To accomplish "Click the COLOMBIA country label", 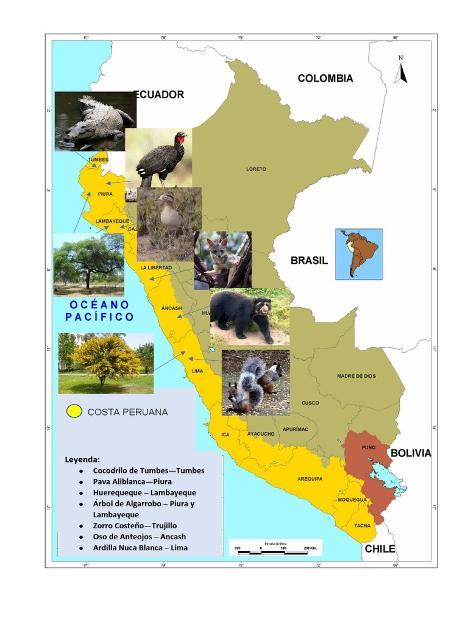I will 325,78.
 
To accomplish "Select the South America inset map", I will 359,254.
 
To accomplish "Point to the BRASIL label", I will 309,260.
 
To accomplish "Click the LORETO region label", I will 256,169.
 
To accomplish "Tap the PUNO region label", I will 368,447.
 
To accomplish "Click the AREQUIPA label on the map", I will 310,479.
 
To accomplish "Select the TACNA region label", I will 362,525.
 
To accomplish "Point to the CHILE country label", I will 380,549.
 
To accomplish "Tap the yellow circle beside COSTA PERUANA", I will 74,411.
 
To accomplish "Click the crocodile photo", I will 94,121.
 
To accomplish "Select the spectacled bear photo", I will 250,316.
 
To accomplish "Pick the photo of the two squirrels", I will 255,382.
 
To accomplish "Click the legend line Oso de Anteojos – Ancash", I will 140,536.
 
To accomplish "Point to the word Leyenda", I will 82,459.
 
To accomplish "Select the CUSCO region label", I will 310,403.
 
